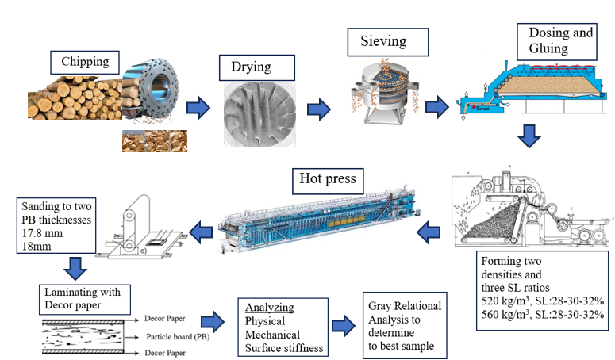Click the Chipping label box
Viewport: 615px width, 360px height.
tap(85, 61)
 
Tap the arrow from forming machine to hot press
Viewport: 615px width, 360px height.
tap(429, 232)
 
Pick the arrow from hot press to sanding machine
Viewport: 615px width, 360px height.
tap(206, 232)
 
